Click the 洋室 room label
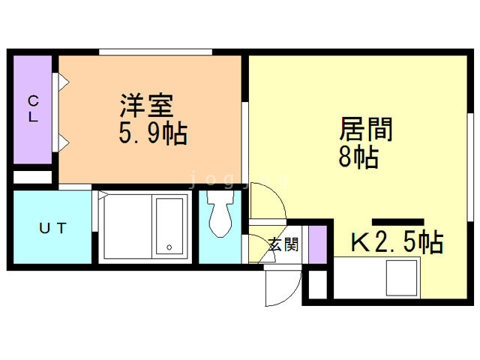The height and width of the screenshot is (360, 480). [x=147, y=106]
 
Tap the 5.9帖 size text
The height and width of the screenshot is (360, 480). [x=153, y=133]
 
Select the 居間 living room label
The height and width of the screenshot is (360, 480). [x=366, y=129]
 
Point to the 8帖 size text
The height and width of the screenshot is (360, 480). [x=358, y=157]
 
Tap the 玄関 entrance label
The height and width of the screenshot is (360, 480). [x=283, y=244]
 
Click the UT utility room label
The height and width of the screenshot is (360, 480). [x=52, y=228]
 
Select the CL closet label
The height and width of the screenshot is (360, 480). [x=33, y=109]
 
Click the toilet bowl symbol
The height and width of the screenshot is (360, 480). [x=220, y=214]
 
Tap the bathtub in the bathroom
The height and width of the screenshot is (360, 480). [x=169, y=226]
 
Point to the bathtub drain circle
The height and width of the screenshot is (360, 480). [x=169, y=247]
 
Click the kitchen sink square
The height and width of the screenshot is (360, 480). [x=402, y=277]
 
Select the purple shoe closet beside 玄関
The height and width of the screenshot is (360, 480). [x=317, y=244]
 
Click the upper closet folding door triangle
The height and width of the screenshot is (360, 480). [x=63, y=82]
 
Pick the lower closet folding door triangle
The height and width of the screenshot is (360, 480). [x=63, y=142]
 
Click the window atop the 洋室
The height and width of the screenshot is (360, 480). [x=155, y=52]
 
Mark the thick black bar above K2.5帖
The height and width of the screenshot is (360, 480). [x=398, y=222]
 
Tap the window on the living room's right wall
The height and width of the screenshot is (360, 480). [x=470, y=166]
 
